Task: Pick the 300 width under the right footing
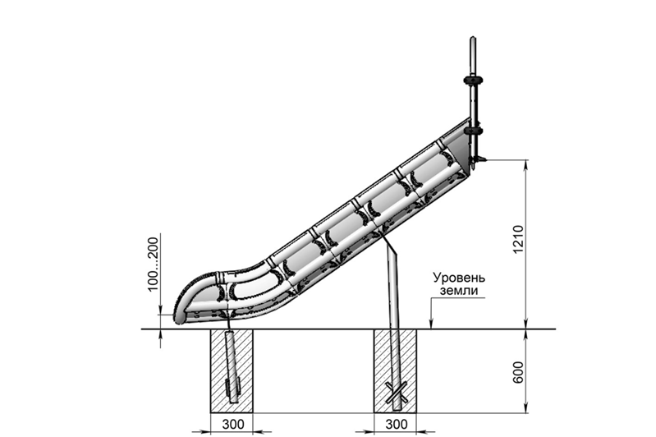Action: (398, 423)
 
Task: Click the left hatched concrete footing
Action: (215, 370)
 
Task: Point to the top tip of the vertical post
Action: (473, 38)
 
